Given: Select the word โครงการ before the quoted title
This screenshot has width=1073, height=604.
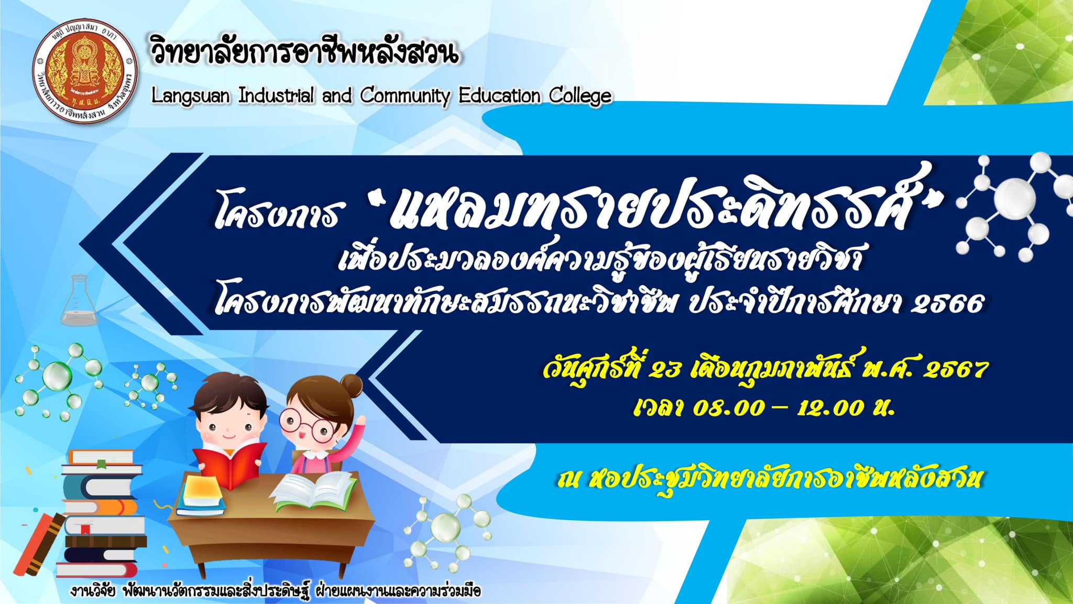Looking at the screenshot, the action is tap(277, 215).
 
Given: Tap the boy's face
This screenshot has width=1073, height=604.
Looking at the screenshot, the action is tap(226, 427).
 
